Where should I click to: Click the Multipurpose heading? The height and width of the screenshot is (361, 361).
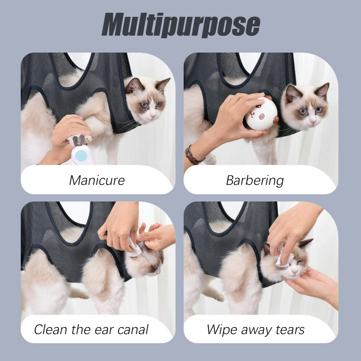click(181, 25)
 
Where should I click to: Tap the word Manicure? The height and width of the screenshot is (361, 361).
click(97, 180)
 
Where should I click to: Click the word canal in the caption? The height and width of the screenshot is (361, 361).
click(133, 330)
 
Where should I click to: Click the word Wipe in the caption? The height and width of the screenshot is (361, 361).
click(222, 330)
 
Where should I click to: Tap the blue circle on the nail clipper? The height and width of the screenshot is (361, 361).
click(81, 156)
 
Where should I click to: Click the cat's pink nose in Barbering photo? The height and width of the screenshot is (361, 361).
click(313, 121)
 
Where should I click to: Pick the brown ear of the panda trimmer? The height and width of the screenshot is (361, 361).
click(276, 119)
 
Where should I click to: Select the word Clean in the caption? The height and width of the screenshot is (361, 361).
click(51, 330)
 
